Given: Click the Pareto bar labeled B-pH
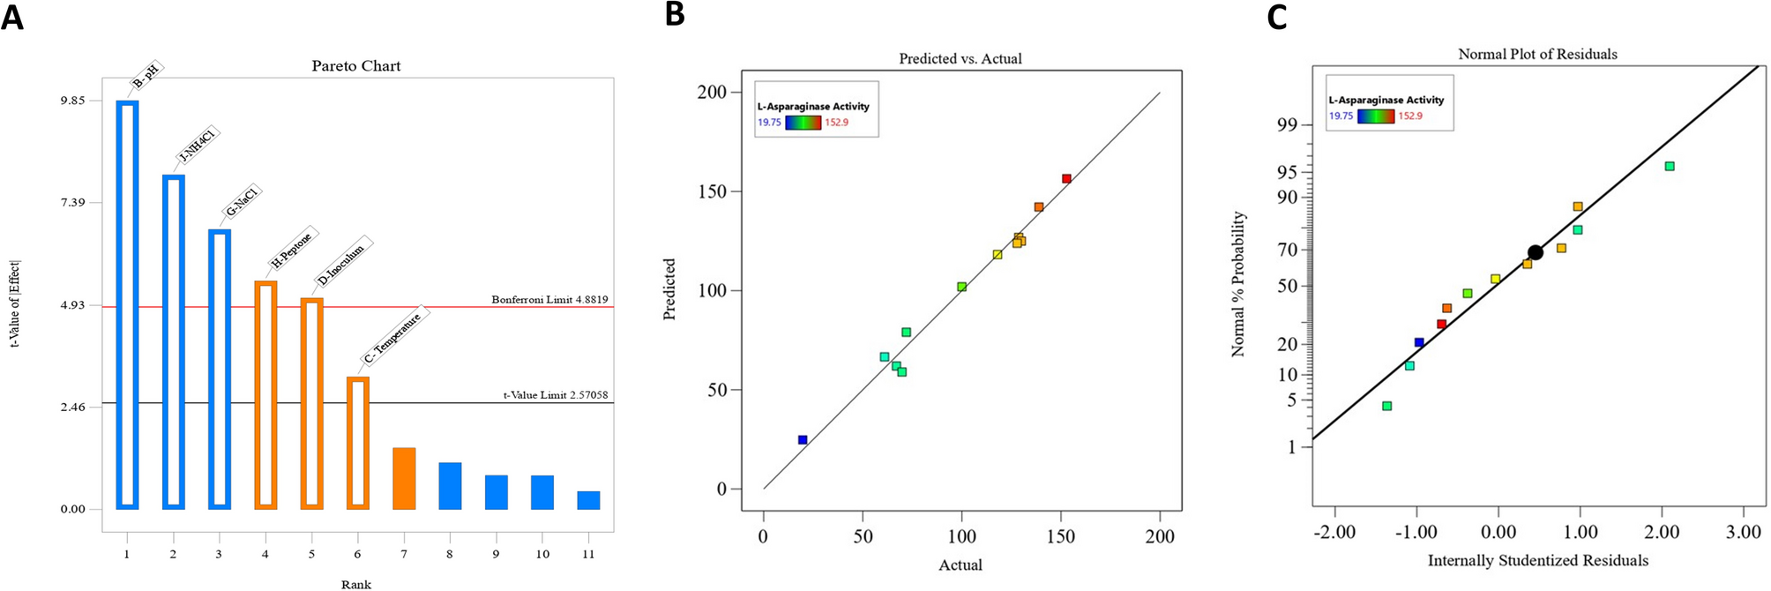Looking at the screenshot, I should tap(127, 304).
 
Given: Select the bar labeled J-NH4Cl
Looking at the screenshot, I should tap(173, 341).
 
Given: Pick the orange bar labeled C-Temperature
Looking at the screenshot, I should tap(357, 443).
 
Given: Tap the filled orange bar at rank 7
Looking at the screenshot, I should tap(404, 478).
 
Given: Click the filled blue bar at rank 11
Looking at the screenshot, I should tap(588, 500).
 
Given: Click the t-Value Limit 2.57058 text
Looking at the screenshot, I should tap(555, 395).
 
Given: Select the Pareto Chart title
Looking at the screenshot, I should tap(356, 66).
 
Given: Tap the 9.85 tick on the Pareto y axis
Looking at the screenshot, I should tap(72, 101).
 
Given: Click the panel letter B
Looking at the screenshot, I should tap(675, 14).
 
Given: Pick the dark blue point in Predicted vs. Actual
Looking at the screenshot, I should tap(803, 439).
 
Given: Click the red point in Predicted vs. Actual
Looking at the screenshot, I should tap(1066, 178).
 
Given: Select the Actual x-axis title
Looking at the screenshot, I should tap(960, 565).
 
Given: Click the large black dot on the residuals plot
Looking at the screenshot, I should tap(1535, 252).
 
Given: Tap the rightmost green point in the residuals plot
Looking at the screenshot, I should tap(1669, 166).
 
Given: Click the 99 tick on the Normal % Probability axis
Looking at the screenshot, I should tap(1287, 125).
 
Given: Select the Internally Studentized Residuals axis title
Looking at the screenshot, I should tap(1537, 560).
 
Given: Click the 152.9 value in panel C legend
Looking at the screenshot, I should tap(1410, 116).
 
